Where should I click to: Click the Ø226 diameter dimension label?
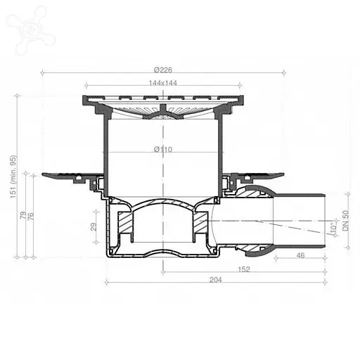(163, 68)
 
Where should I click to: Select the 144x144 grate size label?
(163, 83)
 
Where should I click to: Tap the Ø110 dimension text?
(163, 148)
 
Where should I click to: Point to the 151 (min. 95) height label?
(13, 176)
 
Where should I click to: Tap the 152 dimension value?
(243, 269)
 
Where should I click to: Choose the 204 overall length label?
(216, 280)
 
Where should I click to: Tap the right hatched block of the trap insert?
(200, 224)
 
